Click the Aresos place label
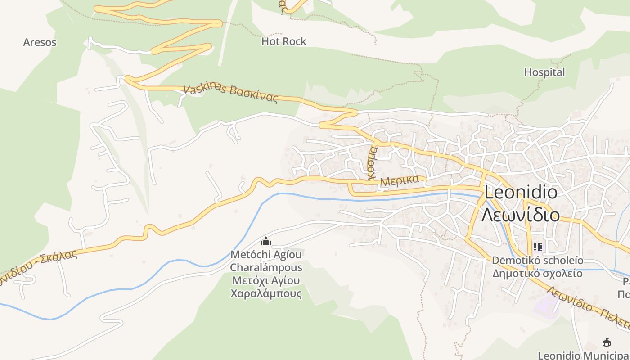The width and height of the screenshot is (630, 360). click(x=40, y=42)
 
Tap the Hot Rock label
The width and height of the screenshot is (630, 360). click(x=283, y=41)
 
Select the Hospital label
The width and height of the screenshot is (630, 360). click(x=544, y=72)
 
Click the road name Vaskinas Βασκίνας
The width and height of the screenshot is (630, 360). click(x=230, y=94)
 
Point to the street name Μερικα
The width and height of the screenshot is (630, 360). click(x=400, y=181)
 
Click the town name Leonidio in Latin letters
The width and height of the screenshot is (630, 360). click(x=521, y=193)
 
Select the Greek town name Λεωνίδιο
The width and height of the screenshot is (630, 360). click(x=521, y=215)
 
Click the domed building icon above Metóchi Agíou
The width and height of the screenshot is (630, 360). click(x=266, y=242)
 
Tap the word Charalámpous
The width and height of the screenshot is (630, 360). click(x=266, y=267)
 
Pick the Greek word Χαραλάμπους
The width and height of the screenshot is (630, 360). click(x=266, y=294)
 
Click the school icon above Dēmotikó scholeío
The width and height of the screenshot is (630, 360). click(x=537, y=247)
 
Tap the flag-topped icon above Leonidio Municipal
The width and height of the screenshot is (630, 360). click(x=606, y=342)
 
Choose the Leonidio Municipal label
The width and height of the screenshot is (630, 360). click(x=583, y=355)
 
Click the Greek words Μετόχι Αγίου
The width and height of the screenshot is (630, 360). click(x=266, y=281)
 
